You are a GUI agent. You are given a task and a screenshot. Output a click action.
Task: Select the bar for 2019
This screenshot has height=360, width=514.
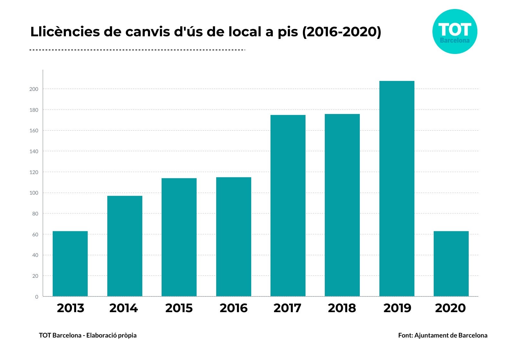coord(396,189)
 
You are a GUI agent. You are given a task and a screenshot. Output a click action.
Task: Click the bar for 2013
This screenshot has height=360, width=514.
coord(70,264)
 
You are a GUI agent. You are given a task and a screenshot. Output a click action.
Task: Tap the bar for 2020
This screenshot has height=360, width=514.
coord(451,264)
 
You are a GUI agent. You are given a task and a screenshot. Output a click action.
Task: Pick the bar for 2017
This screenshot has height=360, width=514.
coord(288,206)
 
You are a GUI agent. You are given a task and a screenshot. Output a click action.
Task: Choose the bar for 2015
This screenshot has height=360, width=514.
coord(179,237)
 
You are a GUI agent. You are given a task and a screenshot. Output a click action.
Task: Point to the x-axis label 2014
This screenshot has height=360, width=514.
coord(123,308)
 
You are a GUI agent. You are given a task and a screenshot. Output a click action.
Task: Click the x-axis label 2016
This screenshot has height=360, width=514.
coord(234,308)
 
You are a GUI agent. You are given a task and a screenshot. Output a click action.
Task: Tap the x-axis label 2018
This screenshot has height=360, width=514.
coord(342,308)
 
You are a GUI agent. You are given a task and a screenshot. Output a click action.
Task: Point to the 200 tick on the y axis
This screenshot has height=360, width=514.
coord(34,89)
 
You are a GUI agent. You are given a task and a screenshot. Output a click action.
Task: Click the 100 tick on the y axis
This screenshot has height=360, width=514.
coord(34,193)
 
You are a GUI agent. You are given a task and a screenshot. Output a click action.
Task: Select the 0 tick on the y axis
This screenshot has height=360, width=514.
coord(36,297)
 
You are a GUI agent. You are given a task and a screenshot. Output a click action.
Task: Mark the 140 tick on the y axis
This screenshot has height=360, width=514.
coord(34,152)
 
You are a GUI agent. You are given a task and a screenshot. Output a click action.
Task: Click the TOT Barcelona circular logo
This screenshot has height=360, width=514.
coord(455,31)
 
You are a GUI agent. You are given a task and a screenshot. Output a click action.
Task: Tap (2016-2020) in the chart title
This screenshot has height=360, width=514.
coord(341,32)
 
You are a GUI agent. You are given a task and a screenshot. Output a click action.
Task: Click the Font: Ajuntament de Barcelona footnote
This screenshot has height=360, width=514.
coord(442,335)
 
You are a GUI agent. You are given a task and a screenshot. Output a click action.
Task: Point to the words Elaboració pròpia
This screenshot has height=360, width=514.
coord(111,335)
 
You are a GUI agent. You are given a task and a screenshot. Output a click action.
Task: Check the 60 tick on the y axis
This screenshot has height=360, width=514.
coord(35,235)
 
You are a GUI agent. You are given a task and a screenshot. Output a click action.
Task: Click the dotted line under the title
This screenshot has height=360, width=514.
coord(137,50)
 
